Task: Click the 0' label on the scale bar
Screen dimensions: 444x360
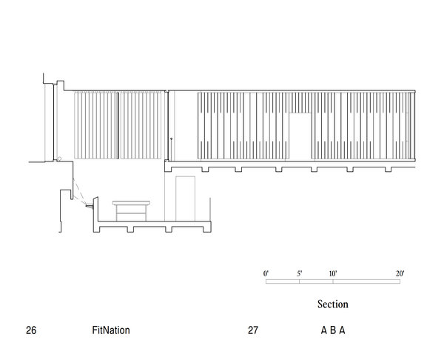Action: (266, 274)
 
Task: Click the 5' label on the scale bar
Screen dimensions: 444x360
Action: (300, 274)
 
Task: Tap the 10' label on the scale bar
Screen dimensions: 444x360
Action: (333, 274)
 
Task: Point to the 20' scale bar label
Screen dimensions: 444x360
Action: (400, 274)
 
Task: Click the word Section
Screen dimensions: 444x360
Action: (333, 304)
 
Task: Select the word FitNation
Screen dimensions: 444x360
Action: (111, 330)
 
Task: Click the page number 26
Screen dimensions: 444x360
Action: (31, 330)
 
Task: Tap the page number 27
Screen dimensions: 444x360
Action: (253, 330)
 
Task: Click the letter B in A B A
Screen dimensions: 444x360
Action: (333, 330)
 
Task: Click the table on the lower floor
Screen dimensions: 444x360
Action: (132, 210)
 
